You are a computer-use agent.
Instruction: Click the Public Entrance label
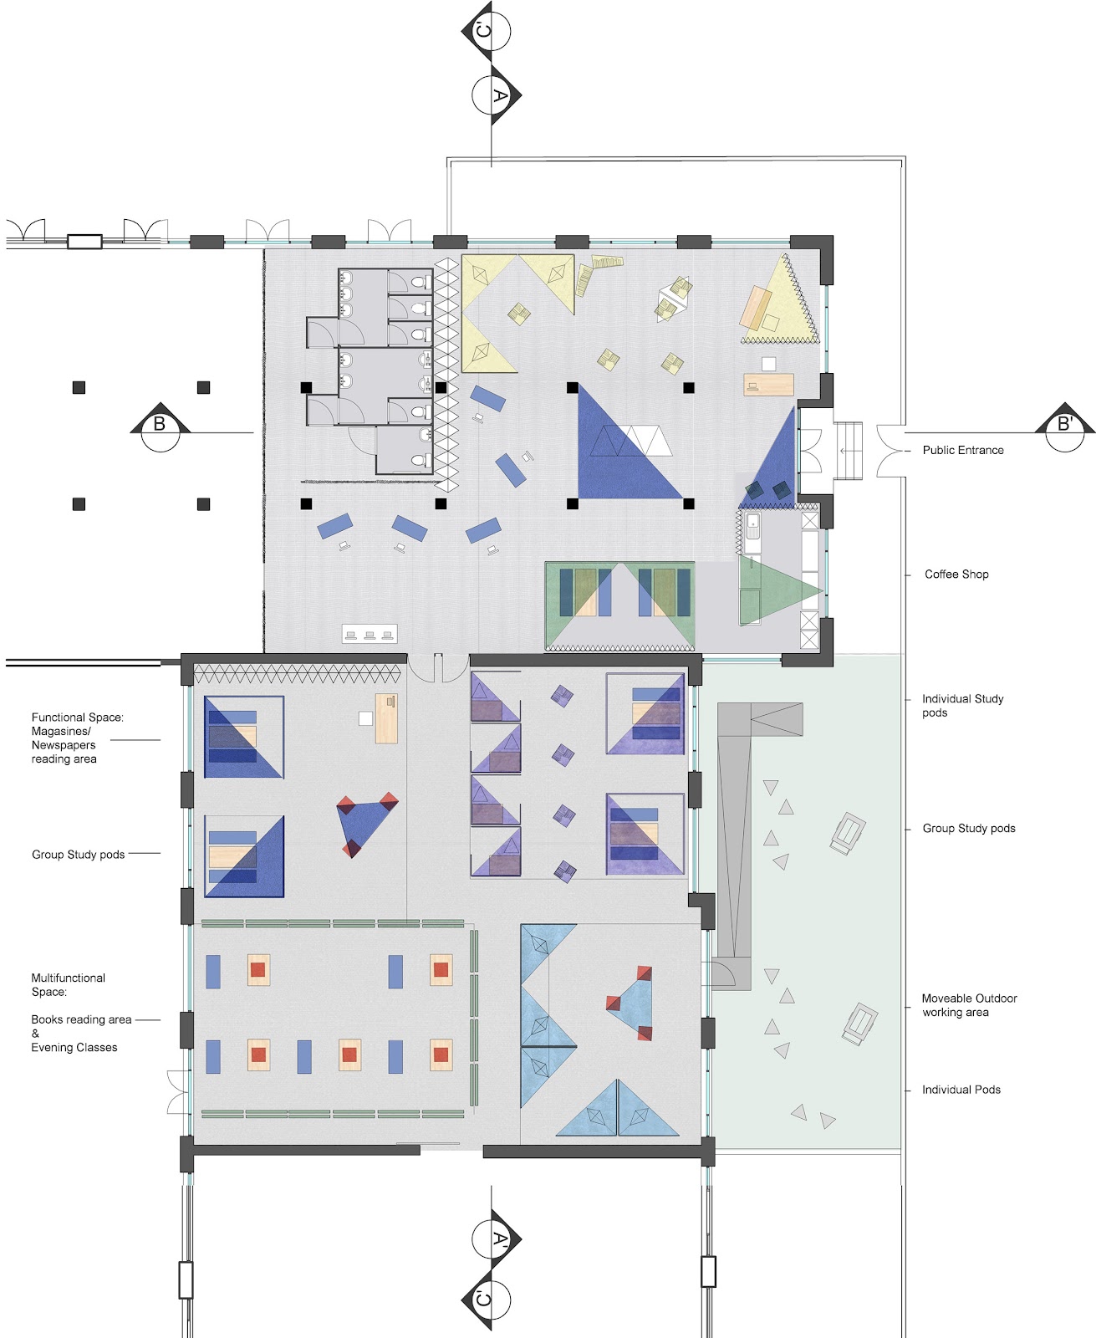tap(962, 450)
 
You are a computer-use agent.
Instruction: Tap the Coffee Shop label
tap(956, 575)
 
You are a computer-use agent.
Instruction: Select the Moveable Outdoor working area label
tap(968, 1005)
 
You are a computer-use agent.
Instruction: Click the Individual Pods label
tap(961, 1090)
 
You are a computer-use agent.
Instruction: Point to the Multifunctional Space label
tap(68, 984)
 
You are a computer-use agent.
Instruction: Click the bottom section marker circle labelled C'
tap(492, 1300)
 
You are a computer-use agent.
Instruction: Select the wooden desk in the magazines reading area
tap(386, 718)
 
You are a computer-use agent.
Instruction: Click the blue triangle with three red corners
tap(364, 824)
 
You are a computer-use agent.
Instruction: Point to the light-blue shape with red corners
tap(631, 1003)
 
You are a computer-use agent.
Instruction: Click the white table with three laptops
tap(370, 634)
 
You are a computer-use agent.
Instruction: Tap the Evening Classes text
tap(74, 1048)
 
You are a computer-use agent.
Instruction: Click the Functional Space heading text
tap(77, 718)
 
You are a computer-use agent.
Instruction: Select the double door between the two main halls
tap(438, 666)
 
